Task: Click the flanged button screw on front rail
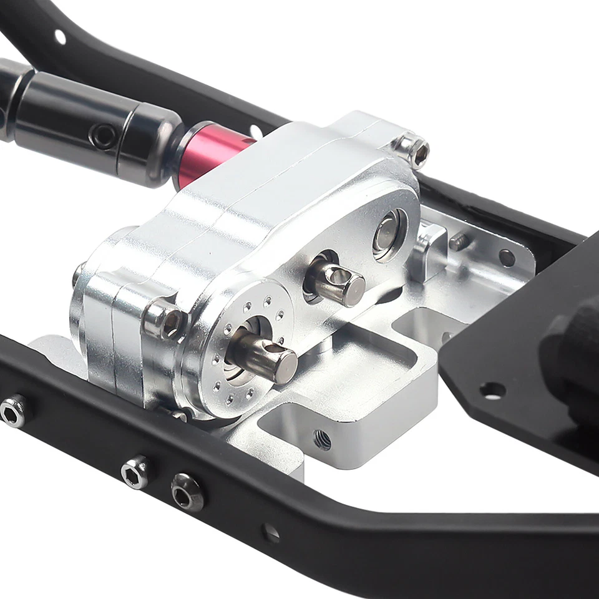pyautogui.click(x=187, y=491)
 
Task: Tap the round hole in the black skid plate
pyautogui.click(x=492, y=391)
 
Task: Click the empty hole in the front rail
pyautogui.click(x=270, y=532)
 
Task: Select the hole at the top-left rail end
pyautogui.click(x=60, y=36)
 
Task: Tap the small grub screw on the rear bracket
pyautogui.click(x=459, y=241)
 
